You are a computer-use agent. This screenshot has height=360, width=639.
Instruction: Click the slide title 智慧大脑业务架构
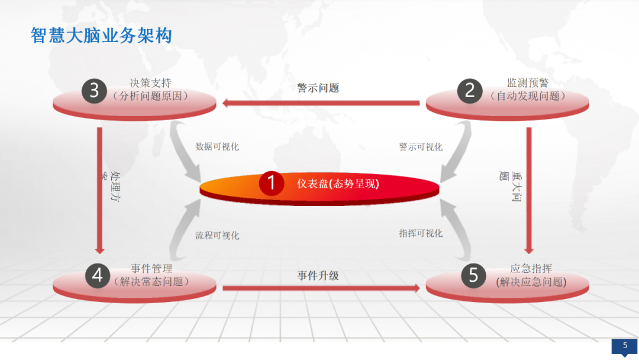[x=101, y=36]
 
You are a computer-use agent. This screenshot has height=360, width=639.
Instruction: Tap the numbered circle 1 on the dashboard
[x=272, y=183]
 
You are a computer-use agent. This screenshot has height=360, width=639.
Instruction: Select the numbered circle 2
[x=470, y=90]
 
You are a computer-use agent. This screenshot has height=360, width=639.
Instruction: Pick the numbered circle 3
[x=94, y=90]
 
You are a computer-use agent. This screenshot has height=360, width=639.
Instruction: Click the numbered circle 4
[x=98, y=275]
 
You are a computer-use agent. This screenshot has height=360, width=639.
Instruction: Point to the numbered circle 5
[x=473, y=275]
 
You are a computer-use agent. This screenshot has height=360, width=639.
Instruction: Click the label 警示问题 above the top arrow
[x=318, y=88]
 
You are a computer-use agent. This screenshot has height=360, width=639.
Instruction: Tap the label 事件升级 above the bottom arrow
[x=318, y=275]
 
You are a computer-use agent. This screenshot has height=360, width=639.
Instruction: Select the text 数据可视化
[x=217, y=146]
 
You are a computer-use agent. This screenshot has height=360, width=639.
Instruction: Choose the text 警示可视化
[x=421, y=147]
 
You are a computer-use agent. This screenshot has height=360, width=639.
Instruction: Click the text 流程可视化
[x=217, y=236]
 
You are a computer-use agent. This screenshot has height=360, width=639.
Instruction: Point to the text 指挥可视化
[x=421, y=233]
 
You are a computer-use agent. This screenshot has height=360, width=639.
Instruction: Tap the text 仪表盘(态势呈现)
[x=338, y=184]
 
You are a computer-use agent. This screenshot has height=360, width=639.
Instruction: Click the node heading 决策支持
[x=151, y=83]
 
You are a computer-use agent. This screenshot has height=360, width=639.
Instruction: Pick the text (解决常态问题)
[x=151, y=282]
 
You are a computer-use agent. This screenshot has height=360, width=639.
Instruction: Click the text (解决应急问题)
[x=531, y=282]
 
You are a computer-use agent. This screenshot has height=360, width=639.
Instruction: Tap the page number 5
[x=625, y=345]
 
